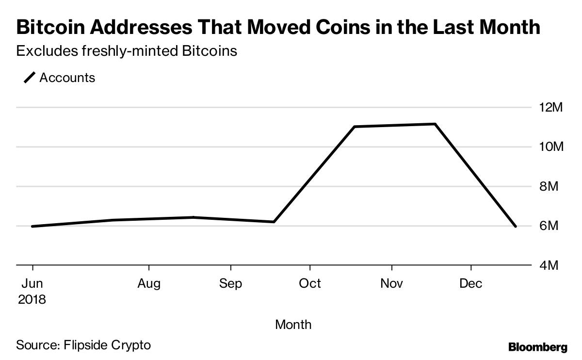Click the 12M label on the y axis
coord(550,107)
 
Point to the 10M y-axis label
coord(550,147)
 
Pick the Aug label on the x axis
coord(149,283)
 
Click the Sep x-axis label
coord(230,283)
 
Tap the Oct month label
coord(309,283)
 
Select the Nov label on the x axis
coord(391,283)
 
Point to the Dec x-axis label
coord(471,283)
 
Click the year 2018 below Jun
coord(32,299)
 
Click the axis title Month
coord(293,324)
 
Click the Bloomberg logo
coord(538,347)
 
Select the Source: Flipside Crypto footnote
coord(83,345)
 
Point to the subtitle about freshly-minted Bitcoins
coord(126,51)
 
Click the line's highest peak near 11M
coord(435,124)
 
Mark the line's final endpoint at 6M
coord(515,226)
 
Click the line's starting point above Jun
coord(32,226)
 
